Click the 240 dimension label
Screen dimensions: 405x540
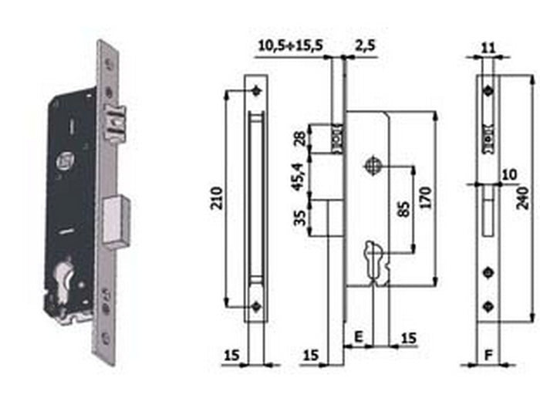(x=524, y=199)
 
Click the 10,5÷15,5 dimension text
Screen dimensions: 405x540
(x=289, y=46)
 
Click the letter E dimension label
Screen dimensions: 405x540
(x=359, y=336)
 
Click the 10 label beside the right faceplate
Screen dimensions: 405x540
(x=507, y=175)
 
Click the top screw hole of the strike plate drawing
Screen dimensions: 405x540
(x=256, y=91)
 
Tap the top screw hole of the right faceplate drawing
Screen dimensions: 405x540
(x=487, y=92)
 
